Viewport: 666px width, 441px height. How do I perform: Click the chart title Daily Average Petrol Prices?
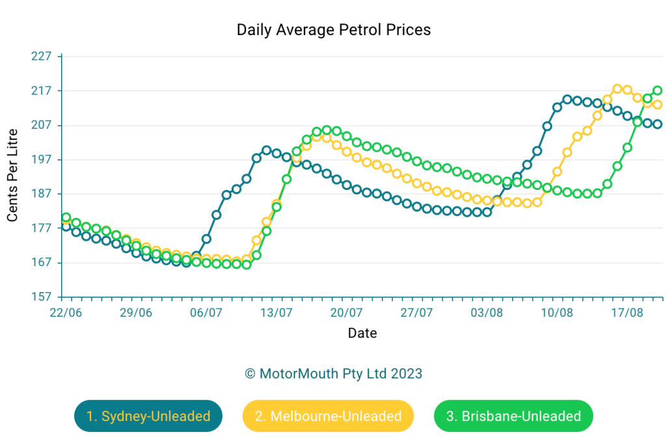point(333,30)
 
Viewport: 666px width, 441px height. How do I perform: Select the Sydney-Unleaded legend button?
point(148,416)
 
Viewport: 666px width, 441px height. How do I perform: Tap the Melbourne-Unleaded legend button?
point(328,416)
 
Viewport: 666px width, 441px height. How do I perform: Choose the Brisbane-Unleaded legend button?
point(513,416)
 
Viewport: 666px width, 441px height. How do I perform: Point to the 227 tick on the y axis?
point(41,56)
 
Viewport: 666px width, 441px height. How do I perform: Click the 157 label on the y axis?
point(41,297)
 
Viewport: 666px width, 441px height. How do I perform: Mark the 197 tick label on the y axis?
point(41,159)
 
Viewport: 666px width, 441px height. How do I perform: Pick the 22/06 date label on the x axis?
point(66,312)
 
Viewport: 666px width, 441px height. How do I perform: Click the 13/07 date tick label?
point(276,312)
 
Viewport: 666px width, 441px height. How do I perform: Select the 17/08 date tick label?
point(627,312)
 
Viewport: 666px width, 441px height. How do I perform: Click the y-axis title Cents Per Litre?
point(12,176)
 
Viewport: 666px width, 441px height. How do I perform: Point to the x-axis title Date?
point(362,334)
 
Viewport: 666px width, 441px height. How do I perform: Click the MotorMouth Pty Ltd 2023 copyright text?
point(333,374)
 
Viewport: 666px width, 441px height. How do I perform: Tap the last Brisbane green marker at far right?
point(658,90)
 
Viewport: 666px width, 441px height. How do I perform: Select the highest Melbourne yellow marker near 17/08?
point(617,88)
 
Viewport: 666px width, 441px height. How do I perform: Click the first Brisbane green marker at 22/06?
point(66,217)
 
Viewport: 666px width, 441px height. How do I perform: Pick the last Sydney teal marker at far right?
point(658,124)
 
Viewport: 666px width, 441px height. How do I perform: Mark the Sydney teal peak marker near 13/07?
point(266,150)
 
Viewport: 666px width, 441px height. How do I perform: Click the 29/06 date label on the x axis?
point(136,312)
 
